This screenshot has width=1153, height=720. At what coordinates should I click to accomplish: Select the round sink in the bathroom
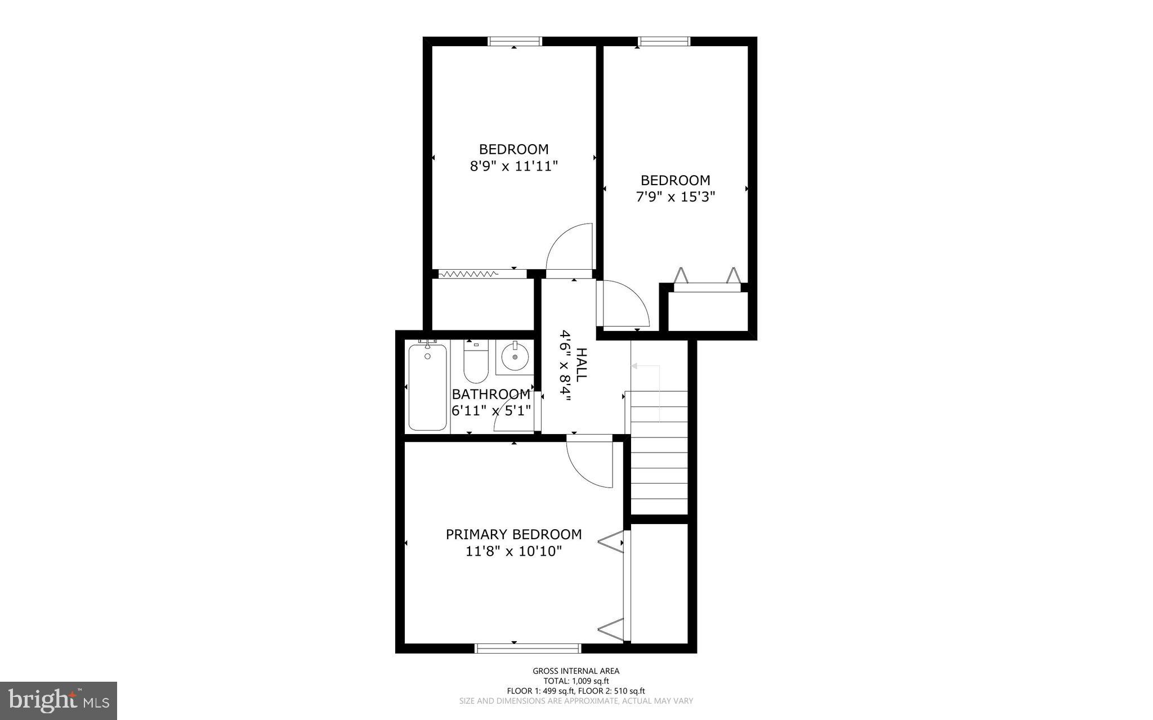(515, 357)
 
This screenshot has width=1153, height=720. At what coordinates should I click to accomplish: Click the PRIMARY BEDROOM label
(513, 534)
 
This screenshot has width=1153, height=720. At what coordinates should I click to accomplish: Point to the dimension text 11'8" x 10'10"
(513, 552)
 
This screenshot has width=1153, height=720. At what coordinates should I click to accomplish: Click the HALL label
(582, 365)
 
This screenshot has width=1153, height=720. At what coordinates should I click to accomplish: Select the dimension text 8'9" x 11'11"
(513, 167)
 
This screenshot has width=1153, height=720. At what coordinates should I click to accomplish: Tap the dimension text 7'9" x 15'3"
(675, 197)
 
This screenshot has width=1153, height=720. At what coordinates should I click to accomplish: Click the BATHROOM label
(491, 394)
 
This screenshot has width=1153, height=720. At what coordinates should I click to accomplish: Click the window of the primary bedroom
(528, 649)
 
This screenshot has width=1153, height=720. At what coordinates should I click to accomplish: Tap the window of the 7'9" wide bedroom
(664, 41)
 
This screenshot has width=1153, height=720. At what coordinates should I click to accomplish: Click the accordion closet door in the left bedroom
(468, 274)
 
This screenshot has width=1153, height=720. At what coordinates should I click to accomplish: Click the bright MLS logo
(59, 700)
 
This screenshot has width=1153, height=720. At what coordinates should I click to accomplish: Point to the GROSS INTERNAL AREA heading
(576, 671)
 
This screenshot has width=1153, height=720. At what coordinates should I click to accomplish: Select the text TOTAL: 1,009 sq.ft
(576, 681)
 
